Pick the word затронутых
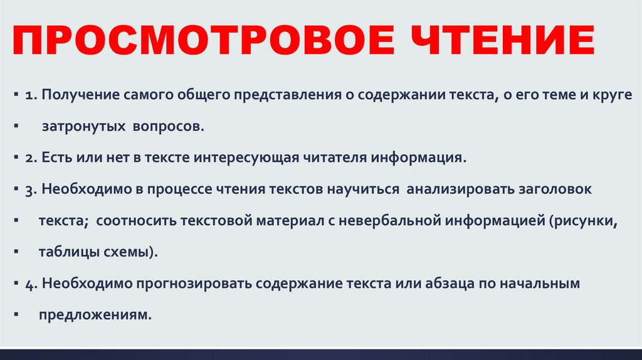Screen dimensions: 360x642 (83, 127)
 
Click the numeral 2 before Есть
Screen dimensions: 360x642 (29, 158)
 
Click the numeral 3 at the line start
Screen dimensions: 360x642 (29, 189)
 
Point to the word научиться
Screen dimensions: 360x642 (363, 189)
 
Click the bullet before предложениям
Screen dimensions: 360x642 (16, 315)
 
